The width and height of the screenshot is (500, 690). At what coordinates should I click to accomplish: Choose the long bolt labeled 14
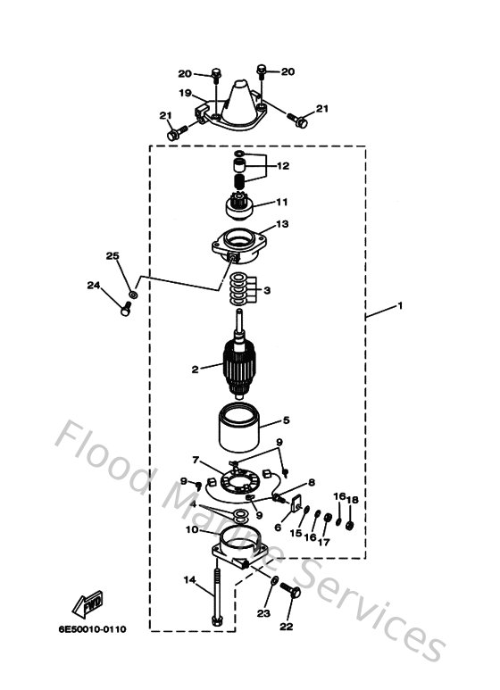217,599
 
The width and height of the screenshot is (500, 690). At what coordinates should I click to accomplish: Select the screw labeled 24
126,309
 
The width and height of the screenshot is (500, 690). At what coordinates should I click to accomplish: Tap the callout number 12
282,166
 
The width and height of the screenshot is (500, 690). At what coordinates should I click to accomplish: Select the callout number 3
266,290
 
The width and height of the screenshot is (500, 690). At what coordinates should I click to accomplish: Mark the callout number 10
191,529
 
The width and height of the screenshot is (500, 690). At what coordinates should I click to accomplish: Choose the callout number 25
112,257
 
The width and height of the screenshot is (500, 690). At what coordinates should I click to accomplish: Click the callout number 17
325,541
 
